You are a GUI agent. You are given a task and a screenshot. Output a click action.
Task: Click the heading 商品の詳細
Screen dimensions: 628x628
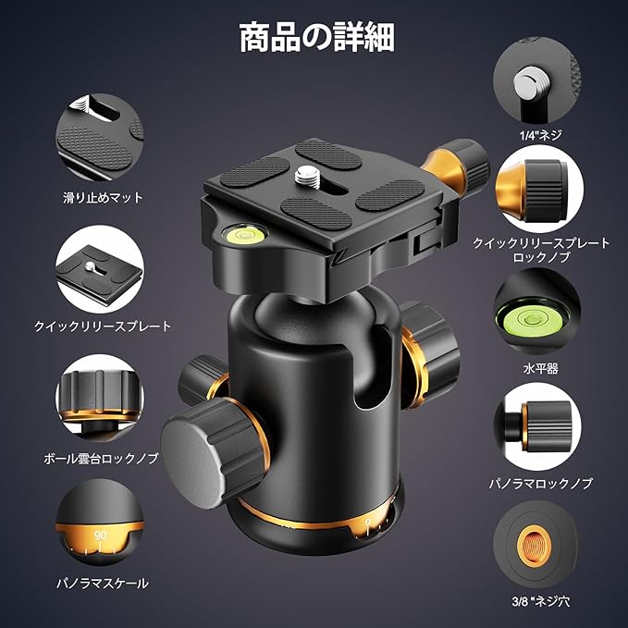[317, 37]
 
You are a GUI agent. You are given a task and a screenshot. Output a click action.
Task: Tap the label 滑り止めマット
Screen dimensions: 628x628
[103, 197]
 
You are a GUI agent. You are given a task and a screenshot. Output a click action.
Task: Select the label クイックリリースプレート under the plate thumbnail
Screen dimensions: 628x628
[103, 326]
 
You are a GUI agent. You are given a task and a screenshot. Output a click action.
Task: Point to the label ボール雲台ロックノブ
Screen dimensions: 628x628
[101, 458]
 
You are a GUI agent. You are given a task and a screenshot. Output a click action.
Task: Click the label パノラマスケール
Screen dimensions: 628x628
[103, 583]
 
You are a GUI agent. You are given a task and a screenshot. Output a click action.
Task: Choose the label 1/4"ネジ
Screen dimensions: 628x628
[541, 135]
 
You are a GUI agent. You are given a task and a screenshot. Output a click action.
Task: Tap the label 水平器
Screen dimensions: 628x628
[540, 368]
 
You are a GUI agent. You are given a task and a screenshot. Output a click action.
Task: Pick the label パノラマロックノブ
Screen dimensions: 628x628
[540, 484]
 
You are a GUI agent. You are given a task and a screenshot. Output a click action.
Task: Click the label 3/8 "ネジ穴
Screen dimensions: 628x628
[540, 601]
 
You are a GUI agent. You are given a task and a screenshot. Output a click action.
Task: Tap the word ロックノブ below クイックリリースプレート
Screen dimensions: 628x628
[541, 257]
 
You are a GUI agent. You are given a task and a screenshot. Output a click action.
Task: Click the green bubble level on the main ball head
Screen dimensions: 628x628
[246, 233]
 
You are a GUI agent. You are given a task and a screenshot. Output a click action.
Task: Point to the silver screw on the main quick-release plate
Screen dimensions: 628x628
[307, 175]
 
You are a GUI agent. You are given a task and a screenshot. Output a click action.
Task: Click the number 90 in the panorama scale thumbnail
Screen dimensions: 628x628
[101, 536]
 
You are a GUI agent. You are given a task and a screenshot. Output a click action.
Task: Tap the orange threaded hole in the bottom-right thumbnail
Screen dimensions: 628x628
[535, 545]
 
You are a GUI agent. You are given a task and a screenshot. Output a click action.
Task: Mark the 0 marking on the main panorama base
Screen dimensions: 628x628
[368, 522]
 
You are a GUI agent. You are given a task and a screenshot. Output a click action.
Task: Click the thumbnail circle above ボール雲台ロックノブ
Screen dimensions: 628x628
[100, 398]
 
